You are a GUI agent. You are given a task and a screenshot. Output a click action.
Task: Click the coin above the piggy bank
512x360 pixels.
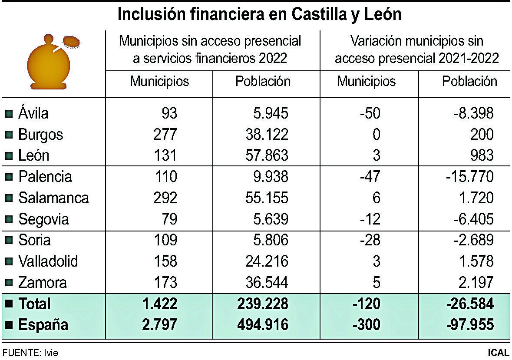pos(71,42)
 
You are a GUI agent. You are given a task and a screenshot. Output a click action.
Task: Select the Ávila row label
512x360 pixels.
pos(33,113)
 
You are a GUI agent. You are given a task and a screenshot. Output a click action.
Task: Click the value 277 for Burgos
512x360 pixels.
pos(165,135)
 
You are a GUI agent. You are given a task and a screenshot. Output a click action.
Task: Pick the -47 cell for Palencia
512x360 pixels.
pos(370,177)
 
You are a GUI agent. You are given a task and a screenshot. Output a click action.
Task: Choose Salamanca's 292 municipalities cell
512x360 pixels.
pos(165,198)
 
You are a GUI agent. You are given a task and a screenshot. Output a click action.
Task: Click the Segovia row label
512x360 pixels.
pos(43,219)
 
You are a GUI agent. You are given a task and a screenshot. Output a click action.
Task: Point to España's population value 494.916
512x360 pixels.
pos(262,325)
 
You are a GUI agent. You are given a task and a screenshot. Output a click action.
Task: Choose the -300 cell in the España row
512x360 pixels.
pos(367,325)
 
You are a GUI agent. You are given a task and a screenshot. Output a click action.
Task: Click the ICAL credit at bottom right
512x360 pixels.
pos(498,353)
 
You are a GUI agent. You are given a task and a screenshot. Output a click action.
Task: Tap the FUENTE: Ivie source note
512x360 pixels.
pos(30,353)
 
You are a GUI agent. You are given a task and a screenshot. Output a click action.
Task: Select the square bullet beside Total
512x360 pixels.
pos(8,304)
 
